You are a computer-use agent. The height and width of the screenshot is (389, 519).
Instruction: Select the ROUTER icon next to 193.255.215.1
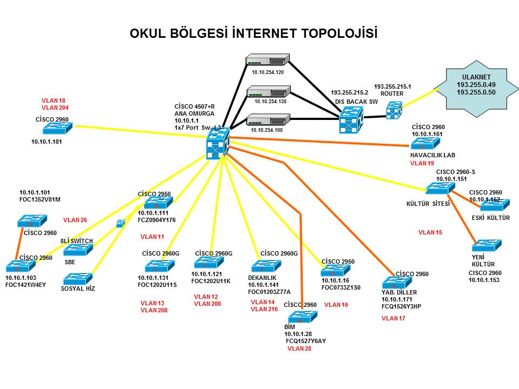(394, 111)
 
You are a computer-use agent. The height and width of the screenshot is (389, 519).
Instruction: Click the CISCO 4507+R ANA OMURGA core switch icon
(218, 144)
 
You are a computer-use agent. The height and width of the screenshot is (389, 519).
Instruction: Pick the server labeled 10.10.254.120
(268, 61)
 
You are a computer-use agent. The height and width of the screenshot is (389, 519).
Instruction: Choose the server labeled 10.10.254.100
(268, 119)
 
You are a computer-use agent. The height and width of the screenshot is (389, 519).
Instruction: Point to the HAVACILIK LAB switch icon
(425, 144)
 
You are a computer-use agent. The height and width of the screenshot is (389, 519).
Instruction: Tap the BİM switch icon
(302, 317)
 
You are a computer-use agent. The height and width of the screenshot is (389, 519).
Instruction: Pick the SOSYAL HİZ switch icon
(78, 279)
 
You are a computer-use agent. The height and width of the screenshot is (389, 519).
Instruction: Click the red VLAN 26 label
(75, 220)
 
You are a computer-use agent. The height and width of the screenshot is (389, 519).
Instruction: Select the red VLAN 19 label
(422, 163)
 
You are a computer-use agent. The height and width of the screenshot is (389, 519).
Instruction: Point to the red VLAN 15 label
(430, 232)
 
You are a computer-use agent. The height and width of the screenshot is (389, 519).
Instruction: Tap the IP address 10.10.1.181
(46, 143)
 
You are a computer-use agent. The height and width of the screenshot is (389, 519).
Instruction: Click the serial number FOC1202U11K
(211, 281)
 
